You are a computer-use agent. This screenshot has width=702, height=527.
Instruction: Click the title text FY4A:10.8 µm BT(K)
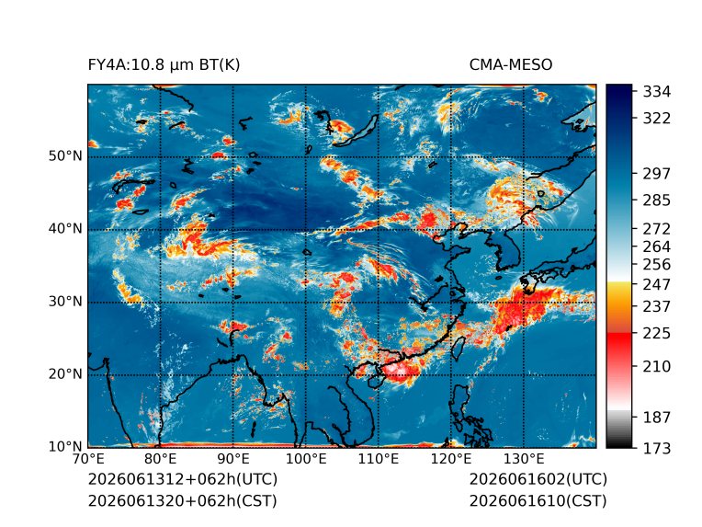[164, 65]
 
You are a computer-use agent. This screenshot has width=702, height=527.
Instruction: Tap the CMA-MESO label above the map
[511, 65]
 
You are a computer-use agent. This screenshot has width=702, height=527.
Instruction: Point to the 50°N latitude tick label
[65, 156]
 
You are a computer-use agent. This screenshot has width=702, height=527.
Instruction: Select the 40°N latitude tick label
[65, 228]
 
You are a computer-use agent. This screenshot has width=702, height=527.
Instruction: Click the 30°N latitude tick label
[65, 301]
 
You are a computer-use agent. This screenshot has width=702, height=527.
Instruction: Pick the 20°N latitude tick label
[65, 373]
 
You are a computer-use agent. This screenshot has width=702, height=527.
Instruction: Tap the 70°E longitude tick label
[88, 459]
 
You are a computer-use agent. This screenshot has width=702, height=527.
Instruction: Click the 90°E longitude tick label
[232, 459]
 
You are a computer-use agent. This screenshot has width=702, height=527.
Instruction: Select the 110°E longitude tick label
[379, 459]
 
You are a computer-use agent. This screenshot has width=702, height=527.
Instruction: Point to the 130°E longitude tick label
[524, 459]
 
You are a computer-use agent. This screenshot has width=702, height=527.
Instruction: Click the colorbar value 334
[657, 92]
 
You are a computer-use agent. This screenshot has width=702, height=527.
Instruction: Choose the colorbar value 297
[657, 174]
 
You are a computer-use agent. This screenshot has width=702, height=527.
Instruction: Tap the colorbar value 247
[657, 284]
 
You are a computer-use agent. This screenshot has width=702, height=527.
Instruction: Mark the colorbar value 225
[657, 334]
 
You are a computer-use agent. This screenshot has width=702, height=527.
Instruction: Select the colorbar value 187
[657, 418]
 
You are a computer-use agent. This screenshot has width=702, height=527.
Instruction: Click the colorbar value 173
[657, 448]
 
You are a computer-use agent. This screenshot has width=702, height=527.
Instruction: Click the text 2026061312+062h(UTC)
[183, 479]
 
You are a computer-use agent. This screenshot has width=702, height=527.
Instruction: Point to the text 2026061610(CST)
[538, 501]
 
